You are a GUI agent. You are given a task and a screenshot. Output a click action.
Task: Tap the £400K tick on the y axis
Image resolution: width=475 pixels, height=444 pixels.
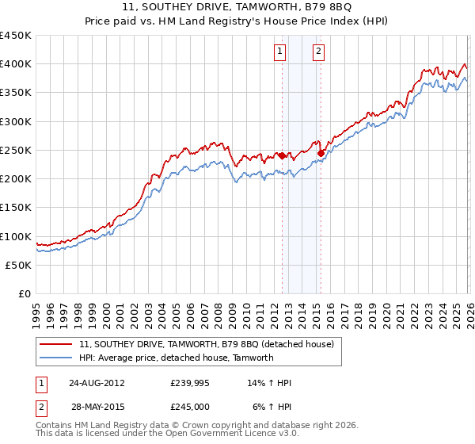point(16,64)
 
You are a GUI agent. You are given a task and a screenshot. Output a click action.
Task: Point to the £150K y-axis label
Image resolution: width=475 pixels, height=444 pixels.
point(16,208)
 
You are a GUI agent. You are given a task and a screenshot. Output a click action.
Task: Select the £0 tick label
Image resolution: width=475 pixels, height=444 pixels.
point(24,294)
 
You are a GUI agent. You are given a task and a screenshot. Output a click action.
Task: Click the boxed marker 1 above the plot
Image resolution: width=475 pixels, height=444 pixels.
point(281,52)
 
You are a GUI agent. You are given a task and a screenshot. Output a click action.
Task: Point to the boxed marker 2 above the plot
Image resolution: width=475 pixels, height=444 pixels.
point(318,52)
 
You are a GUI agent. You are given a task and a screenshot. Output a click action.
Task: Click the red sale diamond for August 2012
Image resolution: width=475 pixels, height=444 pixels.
point(282,156)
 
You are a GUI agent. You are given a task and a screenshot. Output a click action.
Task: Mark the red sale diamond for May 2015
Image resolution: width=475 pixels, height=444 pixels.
point(321,153)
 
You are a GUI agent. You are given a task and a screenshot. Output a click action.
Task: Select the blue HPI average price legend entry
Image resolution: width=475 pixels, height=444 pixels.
point(176,358)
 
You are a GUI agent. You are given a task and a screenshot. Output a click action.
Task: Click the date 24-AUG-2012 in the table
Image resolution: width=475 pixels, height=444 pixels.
point(96,383)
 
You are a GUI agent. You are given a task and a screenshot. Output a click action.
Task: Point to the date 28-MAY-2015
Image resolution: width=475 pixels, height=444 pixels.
point(96,406)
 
